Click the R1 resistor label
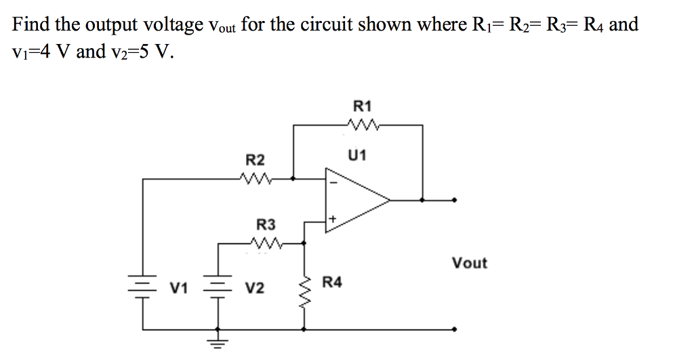(x=363, y=106)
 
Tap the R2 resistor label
(x=255, y=161)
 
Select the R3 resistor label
(x=266, y=224)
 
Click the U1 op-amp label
(x=357, y=156)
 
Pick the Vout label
(x=469, y=263)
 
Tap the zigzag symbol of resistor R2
(x=256, y=179)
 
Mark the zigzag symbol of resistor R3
(x=265, y=242)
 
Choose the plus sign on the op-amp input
(x=332, y=220)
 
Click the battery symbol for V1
(x=142, y=287)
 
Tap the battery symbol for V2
(x=218, y=287)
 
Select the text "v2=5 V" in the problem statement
(x=140, y=52)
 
